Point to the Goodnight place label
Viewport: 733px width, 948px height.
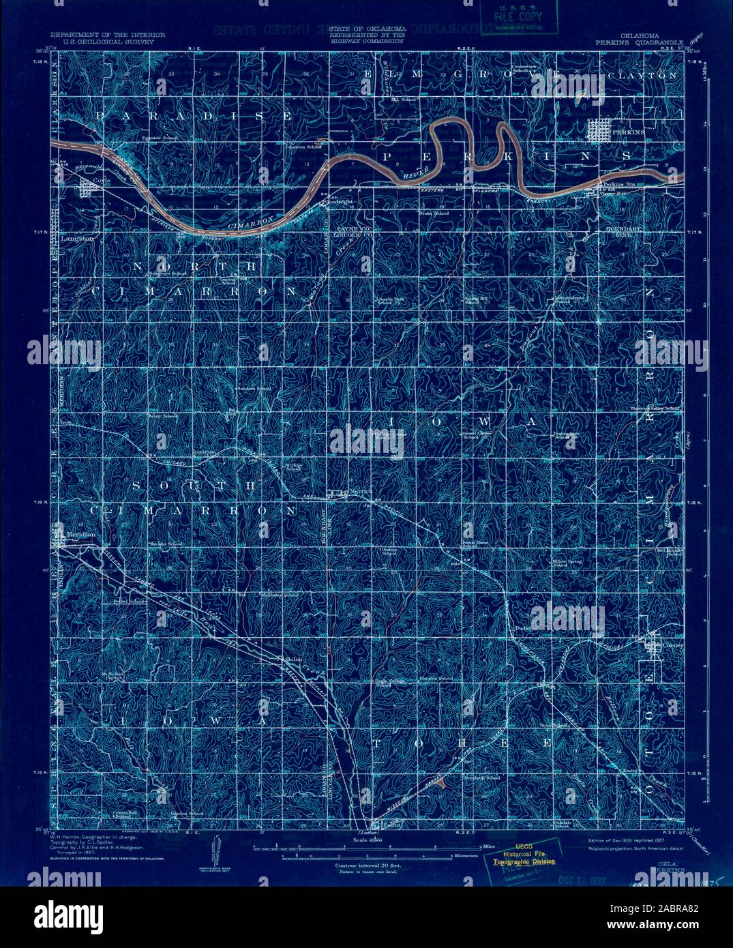(340, 203)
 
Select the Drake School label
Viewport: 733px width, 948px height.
(434, 213)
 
